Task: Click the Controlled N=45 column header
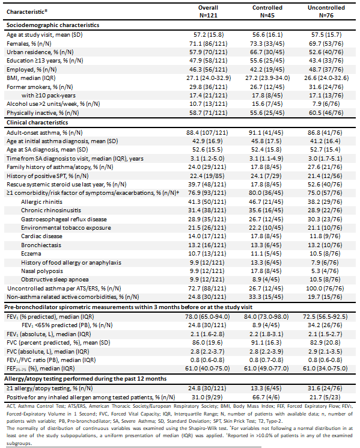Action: click(267, 11)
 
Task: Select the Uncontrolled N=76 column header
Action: click(326, 11)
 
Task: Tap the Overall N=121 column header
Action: click(208, 11)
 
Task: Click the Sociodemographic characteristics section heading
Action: click(53, 25)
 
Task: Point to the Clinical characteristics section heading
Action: click(37, 123)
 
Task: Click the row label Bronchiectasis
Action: click(41, 245)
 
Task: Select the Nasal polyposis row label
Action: click(42, 271)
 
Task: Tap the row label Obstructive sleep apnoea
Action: click(55, 280)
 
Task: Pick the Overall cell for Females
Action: click(209, 44)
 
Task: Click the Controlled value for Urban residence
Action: click(267, 52)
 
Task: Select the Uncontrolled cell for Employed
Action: click(326, 69)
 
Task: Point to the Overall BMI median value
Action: click(209, 78)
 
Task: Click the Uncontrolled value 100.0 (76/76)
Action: click(325, 288)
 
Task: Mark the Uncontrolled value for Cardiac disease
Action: click(325, 236)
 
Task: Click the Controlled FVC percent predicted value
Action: click(267, 343)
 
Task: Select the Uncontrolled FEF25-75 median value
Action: click(325, 369)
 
